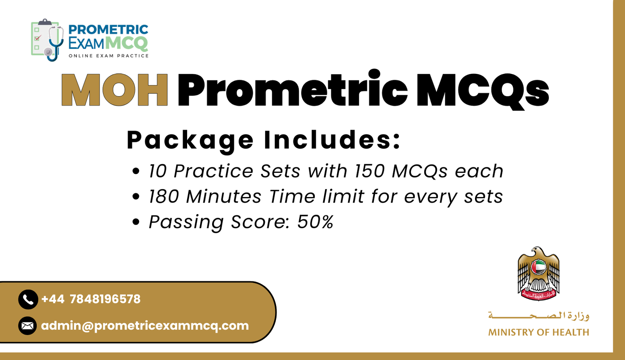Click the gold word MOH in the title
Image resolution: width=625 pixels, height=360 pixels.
pos(114,90)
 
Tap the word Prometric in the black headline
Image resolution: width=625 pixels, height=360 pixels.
pos(292,90)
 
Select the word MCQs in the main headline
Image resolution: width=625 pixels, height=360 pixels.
pos(482,90)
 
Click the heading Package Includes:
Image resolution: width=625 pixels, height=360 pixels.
pos(264,140)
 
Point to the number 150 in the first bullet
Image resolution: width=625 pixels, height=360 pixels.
pos(370,171)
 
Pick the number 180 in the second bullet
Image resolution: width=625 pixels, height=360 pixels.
pos(164,196)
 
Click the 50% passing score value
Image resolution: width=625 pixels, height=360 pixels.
pos(315,222)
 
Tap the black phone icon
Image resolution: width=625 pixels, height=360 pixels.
pos(28,299)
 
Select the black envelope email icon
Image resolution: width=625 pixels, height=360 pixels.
pos(27,326)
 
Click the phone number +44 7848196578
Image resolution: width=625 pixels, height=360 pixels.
pos(91,299)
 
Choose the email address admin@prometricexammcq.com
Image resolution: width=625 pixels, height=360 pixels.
pos(145,326)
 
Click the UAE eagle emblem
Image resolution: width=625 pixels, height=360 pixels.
pos(538,274)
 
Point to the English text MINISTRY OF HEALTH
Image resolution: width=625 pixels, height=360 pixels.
pos(538,332)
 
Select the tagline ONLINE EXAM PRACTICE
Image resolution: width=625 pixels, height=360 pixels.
pos(109,56)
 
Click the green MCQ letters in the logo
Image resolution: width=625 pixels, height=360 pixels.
pos(127,43)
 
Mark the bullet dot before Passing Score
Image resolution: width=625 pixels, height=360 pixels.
pos(136,222)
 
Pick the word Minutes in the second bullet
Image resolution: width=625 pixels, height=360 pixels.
pos(224,196)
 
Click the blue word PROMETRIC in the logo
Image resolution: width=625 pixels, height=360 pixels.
pos(108,29)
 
